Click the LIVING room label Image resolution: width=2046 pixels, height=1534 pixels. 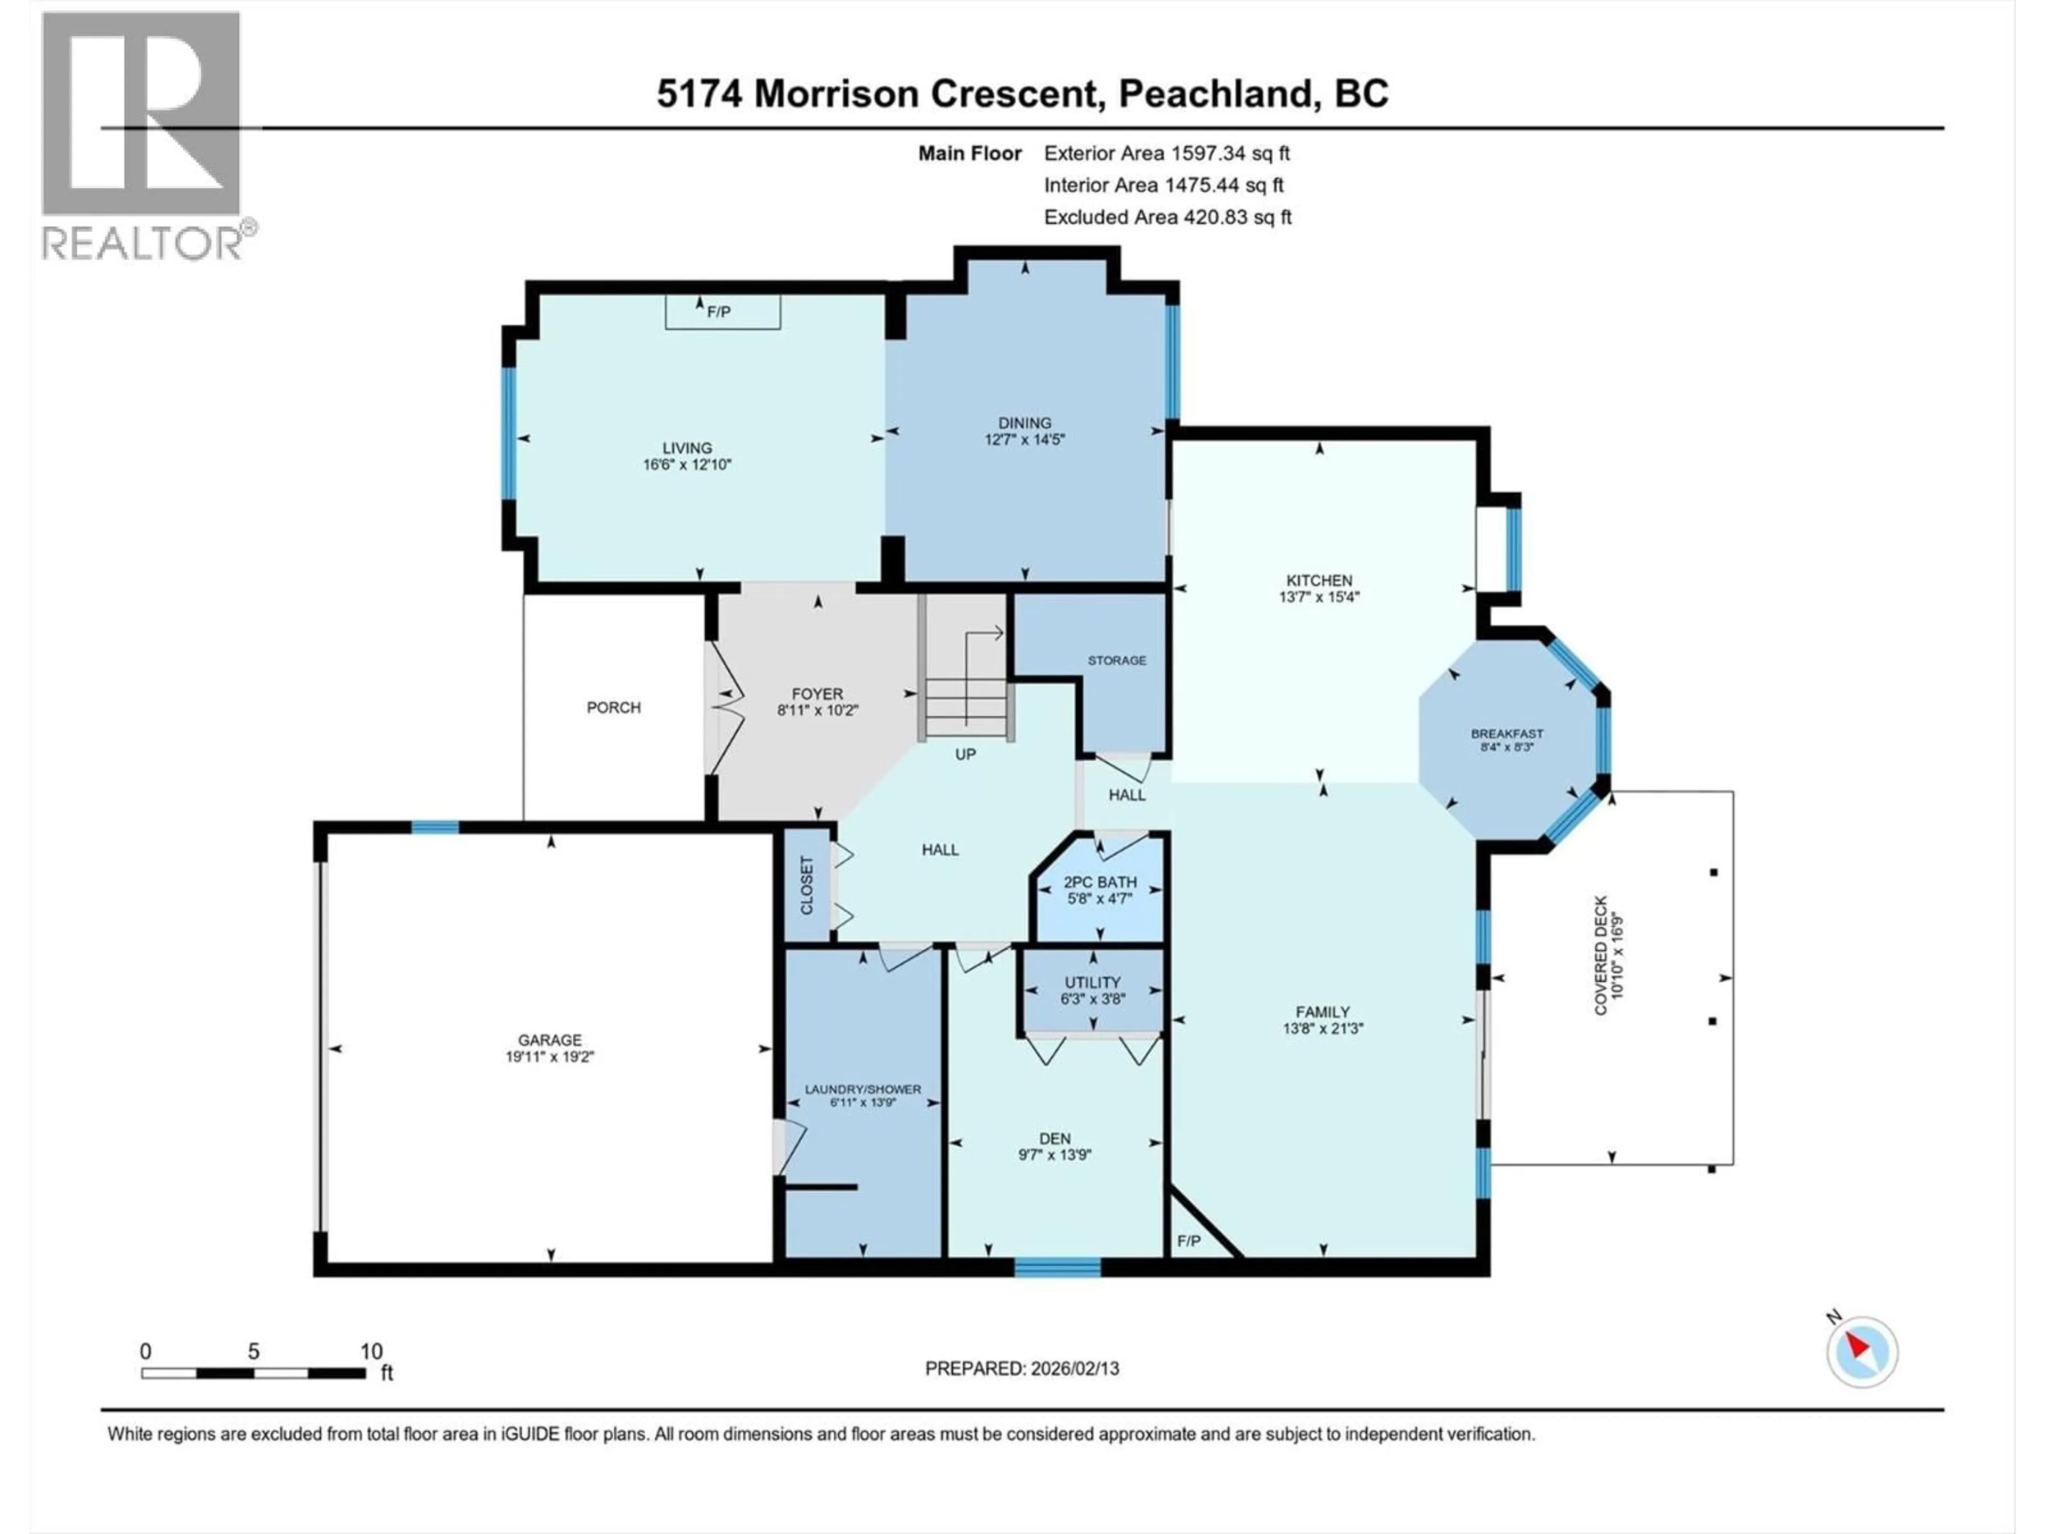pyautogui.click(x=686, y=447)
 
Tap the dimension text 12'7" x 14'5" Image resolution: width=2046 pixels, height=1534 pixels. pyautogui.click(x=1024, y=440)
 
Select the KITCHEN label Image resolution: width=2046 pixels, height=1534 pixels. pyautogui.click(x=1319, y=580)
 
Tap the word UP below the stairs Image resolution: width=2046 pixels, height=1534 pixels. pyautogui.click(x=965, y=755)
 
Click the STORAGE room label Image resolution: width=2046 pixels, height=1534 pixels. pyautogui.click(x=1116, y=660)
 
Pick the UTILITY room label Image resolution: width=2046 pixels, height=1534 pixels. pyautogui.click(x=1092, y=982)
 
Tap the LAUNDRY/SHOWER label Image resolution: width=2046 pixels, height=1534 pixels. pyautogui.click(x=862, y=1089)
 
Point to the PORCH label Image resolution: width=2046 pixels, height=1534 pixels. pyautogui.click(x=613, y=707)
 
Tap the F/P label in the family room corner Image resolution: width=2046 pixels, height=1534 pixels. pyautogui.click(x=1189, y=1241)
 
